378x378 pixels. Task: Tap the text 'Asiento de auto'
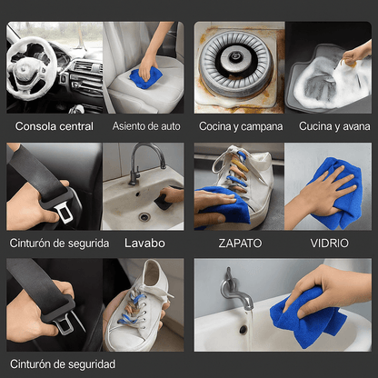coord(146,126)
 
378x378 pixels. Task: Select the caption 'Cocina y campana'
coord(241,126)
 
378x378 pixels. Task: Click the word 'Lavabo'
coord(146,243)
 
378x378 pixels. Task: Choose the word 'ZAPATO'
coord(241,244)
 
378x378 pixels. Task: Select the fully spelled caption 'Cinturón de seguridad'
coord(61,363)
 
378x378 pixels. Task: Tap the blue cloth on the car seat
coord(144,78)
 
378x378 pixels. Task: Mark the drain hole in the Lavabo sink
coord(144,217)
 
